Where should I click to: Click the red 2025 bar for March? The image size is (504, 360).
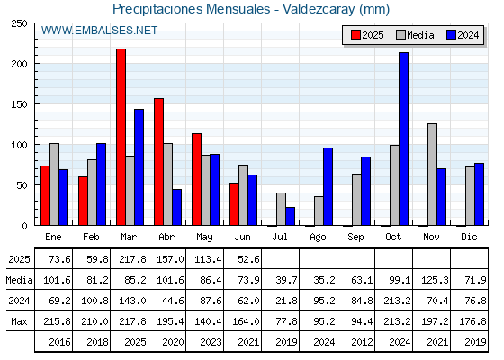click(x=121, y=137)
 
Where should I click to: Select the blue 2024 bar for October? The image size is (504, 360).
click(x=404, y=139)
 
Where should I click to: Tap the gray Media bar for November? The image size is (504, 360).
click(x=432, y=175)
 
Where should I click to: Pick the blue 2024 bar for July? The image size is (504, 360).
click(x=290, y=216)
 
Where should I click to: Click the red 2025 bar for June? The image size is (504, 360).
click(x=234, y=204)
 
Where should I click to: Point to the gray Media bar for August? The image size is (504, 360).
click(x=319, y=211)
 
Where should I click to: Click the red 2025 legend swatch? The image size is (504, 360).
click(x=355, y=35)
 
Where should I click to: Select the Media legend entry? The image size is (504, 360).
click(x=415, y=35)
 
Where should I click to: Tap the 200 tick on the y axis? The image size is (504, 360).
click(x=19, y=64)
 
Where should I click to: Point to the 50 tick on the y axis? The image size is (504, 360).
click(x=22, y=185)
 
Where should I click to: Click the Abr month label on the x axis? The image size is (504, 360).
click(x=166, y=237)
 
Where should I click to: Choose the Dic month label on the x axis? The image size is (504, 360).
click(x=469, y=237)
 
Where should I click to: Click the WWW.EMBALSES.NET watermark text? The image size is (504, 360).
click(x=99, y=31)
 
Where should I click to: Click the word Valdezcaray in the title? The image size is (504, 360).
click(x=319, y=9)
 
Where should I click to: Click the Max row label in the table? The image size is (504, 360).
click(x=19, y=321)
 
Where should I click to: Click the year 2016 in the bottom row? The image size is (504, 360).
click(x=59, y=342)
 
